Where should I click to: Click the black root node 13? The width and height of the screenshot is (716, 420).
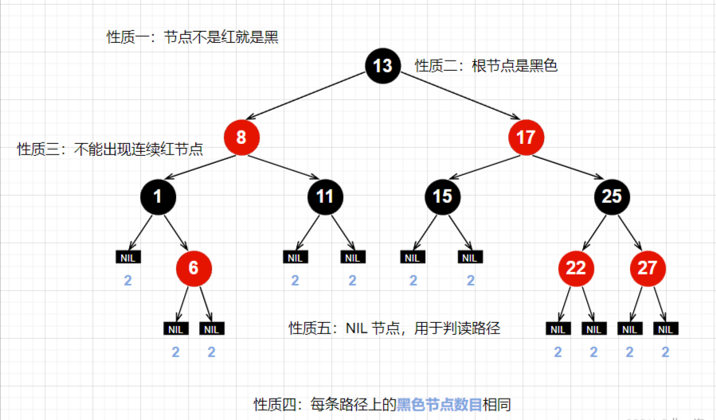coord(382,65)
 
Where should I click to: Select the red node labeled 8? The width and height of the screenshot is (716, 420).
coord(241,138)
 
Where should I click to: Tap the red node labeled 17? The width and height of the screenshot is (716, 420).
coord(526,138)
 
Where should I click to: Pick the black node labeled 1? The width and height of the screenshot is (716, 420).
coord(158,196)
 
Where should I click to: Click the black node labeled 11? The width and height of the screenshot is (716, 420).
coord(324,196)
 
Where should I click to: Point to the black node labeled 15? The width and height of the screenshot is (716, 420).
coord(442,196)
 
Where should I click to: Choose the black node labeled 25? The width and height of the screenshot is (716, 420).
coord(611,196)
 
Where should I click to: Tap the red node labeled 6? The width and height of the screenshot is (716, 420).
coord(194,268)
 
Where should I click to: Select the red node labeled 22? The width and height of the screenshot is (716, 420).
coord(576,268)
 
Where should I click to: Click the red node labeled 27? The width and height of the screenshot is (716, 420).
coord(648,268)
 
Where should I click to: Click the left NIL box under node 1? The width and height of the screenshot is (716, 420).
coord(127,257)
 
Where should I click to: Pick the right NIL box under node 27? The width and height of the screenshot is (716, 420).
coord(665,329)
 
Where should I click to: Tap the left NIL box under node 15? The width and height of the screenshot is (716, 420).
coord(412,257)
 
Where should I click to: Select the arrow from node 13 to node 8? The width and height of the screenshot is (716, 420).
coord(311,101)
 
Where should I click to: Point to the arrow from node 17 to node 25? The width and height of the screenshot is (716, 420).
coord(569,167)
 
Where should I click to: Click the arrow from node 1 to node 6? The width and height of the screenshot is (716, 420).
coord(176,232)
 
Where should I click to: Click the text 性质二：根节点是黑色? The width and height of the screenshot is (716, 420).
coord(487,66)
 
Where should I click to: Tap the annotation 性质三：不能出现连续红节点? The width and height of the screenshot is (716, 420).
coord(110,149)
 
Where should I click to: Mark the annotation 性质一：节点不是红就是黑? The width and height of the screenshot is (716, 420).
coord(193,37)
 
